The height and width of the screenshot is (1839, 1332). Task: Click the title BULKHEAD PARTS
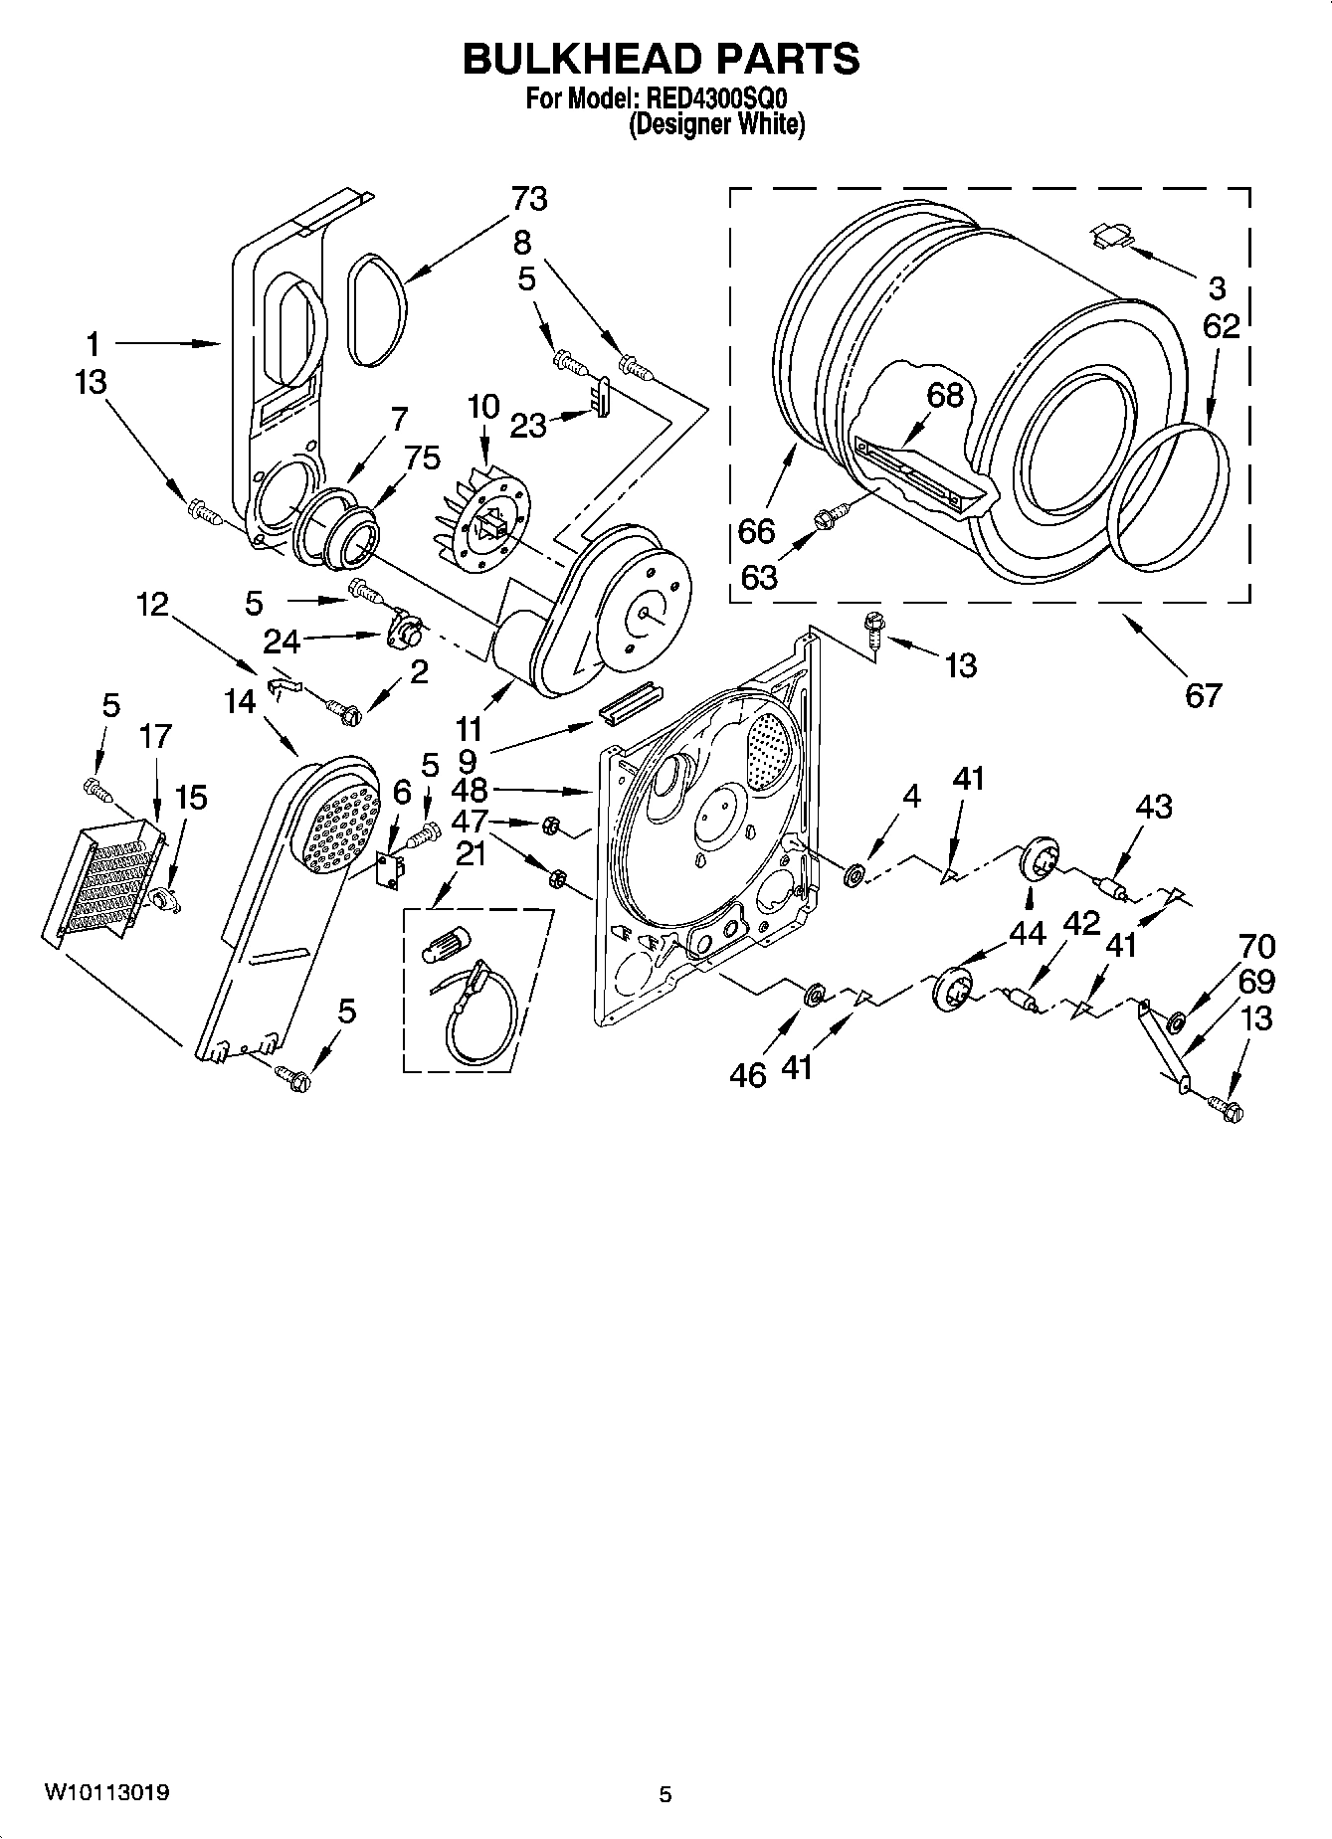coord(661,60)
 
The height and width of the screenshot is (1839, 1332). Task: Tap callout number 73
coord(529,199)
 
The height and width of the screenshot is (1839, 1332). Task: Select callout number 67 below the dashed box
coord(1203,693)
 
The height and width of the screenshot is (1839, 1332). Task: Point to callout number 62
coord(1221,326)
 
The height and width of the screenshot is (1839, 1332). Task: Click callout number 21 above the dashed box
coord(470,853)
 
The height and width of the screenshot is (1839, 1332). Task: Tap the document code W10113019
coord(106,1793)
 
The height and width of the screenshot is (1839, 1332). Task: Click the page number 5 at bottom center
coord(666,1794)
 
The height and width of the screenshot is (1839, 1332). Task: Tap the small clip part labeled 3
coord(1111,235)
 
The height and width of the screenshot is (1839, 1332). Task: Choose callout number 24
coord(282,642)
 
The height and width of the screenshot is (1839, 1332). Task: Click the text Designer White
coord(717,124)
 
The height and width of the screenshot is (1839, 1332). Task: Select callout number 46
coord(748,1074)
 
